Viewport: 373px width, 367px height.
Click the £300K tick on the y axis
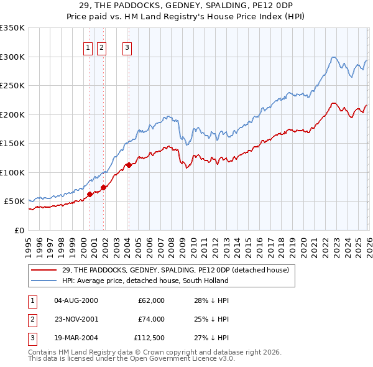point(12,57)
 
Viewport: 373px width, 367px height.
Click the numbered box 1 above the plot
point(88,47)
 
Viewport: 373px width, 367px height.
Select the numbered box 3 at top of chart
point(127,47)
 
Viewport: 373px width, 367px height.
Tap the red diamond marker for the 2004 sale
point(129,165)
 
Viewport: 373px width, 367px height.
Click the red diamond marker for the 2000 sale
point(90,194)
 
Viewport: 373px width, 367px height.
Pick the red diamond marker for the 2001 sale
point(104,187)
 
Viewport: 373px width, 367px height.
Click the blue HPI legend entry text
point(145,281)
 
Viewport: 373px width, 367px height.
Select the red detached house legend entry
point(175,270)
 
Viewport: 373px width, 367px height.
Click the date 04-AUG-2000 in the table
point(76,300)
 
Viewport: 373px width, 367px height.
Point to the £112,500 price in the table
point(149,338)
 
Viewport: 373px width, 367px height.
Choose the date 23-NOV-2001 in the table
point(76,319)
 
